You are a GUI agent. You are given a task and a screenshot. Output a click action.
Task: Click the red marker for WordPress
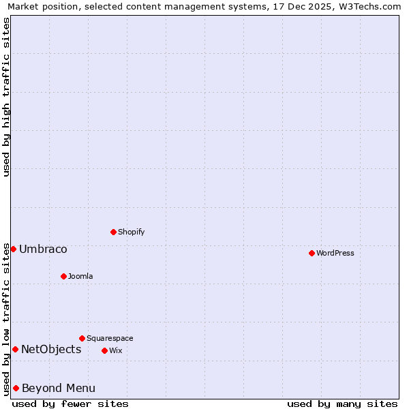312,253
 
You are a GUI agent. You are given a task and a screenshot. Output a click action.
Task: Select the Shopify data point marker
113,232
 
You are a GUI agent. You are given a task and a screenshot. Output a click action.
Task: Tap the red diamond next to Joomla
63,276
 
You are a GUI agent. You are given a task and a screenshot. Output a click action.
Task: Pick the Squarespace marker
82,338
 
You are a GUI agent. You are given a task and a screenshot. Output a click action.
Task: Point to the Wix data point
104,350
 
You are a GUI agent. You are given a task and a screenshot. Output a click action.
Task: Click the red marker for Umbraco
13,249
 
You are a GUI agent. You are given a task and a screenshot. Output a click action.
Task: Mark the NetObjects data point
15,350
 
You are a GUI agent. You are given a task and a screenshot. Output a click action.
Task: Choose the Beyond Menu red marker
16,388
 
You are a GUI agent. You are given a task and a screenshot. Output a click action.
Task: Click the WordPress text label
335,254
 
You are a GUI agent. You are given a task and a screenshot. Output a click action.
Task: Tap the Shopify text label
132,232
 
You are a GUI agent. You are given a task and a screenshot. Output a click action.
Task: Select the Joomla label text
80,277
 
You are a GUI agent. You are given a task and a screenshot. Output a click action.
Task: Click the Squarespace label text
110,339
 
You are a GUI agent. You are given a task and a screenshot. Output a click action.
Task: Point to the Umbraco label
43,249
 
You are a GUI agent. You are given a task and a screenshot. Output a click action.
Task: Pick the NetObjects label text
51,350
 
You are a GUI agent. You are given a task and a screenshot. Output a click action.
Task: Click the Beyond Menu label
59,389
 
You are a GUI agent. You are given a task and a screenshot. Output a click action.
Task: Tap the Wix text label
116,351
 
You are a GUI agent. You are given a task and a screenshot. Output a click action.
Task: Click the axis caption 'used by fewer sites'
70,404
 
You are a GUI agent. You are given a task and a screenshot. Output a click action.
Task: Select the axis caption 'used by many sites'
342,404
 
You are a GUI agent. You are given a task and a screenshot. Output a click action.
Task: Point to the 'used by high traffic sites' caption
6,97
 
